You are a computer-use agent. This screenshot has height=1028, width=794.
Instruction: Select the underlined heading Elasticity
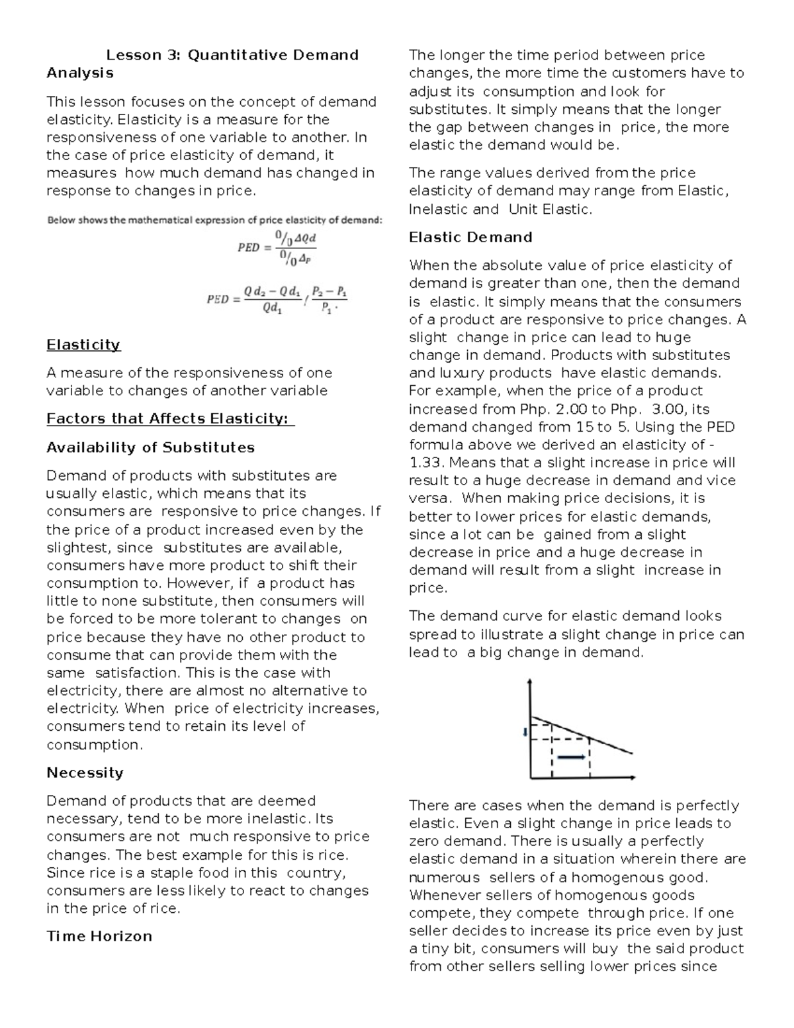(83, 345)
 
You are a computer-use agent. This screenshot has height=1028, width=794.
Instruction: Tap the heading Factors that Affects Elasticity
(169, 418)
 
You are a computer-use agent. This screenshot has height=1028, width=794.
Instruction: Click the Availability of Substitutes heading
(150, 447)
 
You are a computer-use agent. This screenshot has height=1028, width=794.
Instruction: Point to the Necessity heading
(85, 772)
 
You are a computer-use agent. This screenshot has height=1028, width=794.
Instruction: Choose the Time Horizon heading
(99, 936)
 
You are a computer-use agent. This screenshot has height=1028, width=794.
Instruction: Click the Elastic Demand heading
(470, 237)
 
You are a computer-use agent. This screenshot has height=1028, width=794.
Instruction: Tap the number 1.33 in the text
(427, 463)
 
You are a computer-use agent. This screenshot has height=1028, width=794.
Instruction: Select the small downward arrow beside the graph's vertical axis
(524, 731)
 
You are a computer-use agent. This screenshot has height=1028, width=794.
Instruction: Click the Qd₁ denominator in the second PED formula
(271, 308)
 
